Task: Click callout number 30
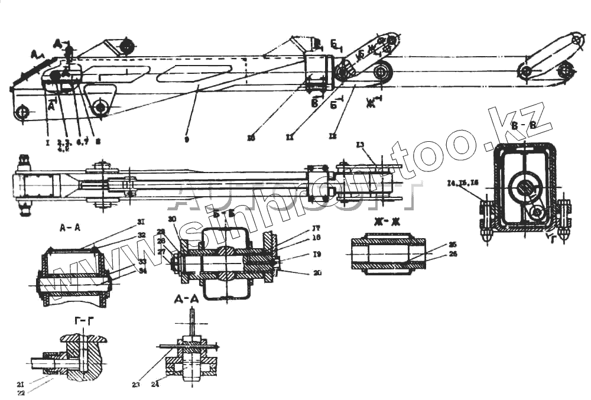point(172,219)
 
